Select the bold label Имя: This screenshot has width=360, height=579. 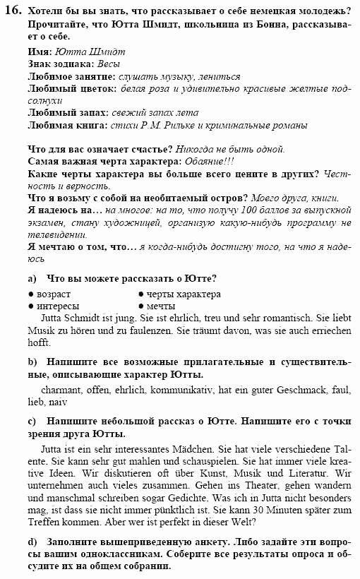[x=39, y=52]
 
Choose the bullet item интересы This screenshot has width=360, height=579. [x=58, y=305]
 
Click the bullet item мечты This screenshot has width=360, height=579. [x=161, y=305]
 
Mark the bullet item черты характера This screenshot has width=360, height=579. [x=184, y=294]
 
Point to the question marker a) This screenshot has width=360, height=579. [x=32, y=278]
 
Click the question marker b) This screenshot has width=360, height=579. [x=32, y=362]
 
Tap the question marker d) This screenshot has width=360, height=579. [x=32, y=543]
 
